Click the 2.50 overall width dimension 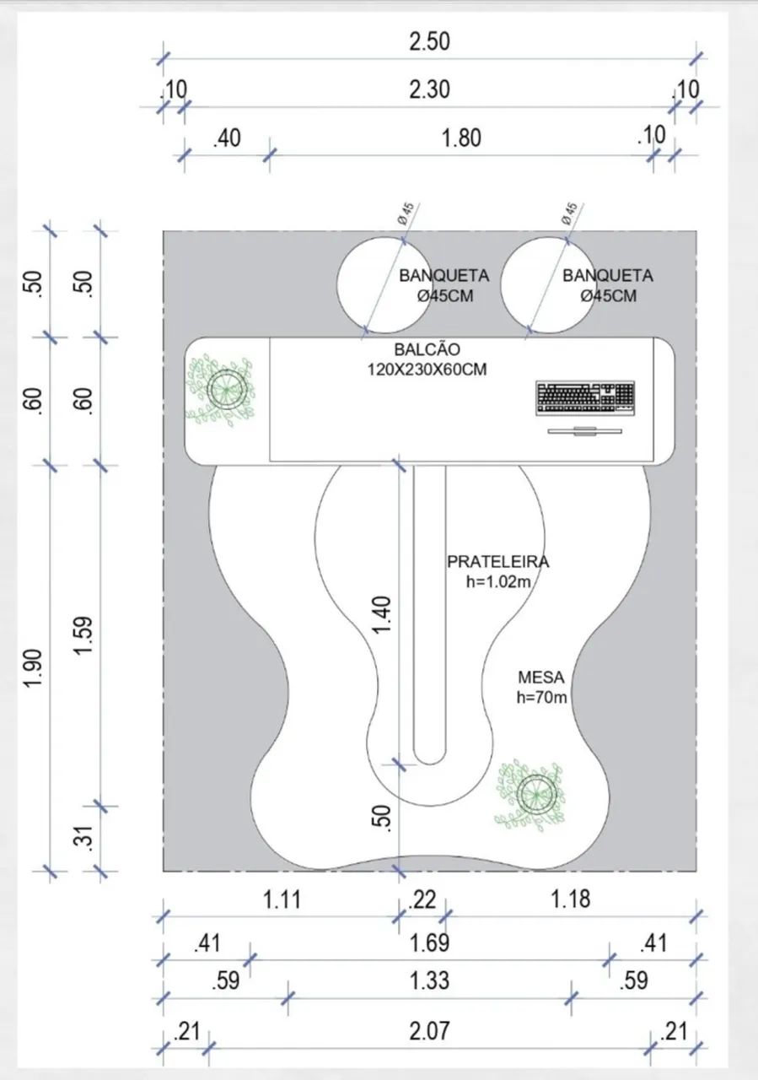tap(429, 41)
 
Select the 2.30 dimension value tap(429, 89)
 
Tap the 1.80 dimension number tap(461, 138)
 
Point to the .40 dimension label tap(227, 138)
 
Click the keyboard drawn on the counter tap(585, 398)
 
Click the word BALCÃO tap(427, 349)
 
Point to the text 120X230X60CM tap(427, 370)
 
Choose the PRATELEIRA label tap(497, 562)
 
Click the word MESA tap(540, 678)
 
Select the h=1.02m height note tap(497, 582)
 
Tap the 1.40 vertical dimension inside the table tap(382, 616)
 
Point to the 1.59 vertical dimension tap(83, 635)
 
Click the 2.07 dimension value tap(429, 1031)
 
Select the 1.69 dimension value tap(429, 943)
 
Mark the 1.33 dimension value tap(429, 980)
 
